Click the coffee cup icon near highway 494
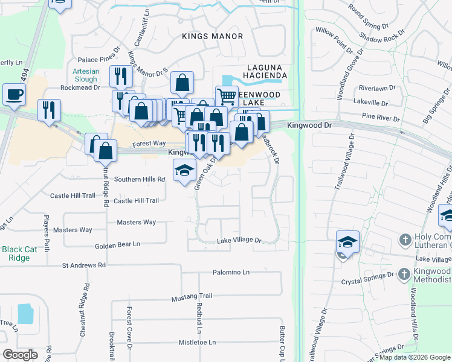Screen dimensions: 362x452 point(14,94)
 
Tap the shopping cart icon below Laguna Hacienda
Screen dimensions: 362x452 point(227,96)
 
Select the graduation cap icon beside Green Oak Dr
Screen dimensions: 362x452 point(185,170)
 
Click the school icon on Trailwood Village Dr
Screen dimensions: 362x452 point(347,242)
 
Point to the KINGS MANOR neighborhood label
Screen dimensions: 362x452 point(212,36)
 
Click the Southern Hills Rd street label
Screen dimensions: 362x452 point(140,179)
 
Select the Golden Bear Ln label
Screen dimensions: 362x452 point(117,244)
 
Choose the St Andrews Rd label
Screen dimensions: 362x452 point(84,265)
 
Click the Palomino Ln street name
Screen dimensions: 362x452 point(231,273)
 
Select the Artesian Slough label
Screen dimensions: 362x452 point(85,75)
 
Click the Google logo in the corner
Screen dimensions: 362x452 point(20,355)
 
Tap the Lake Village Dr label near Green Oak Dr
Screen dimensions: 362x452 point(239,240)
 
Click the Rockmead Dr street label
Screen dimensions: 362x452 point(80,87)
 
